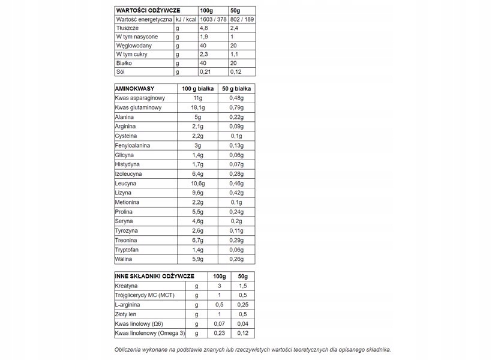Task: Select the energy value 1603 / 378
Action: (212, 19)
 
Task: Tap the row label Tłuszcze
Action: (128, 28)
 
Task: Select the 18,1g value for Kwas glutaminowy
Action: (198, 107)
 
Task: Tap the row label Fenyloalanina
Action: (133, 146)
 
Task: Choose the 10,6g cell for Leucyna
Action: (198, 184)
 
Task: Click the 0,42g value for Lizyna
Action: (236, 193)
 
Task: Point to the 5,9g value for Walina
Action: (198, 259)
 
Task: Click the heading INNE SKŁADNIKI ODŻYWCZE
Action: (154, 276)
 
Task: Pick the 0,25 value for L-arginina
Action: (242, 305)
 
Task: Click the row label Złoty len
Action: (126, 314)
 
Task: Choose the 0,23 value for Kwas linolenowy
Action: (219, 334)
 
